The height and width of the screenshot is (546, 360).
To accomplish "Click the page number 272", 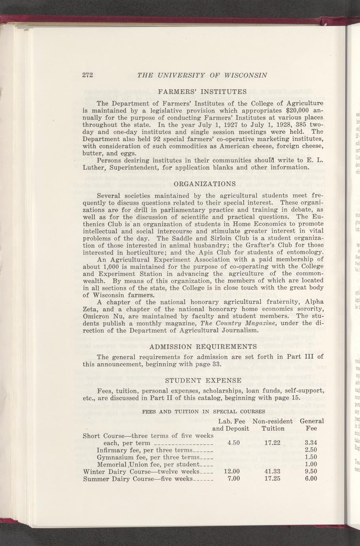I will tap(87, 75).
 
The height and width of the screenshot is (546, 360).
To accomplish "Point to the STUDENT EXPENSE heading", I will tap(203, 380).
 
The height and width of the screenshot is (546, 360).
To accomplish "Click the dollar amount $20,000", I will tap(292, 109).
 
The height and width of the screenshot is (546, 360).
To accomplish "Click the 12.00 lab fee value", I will tap(231, 471).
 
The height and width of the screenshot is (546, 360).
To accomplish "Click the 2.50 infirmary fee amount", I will tap(311, 450).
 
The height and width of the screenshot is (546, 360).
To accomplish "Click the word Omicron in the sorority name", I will tap(96, 316).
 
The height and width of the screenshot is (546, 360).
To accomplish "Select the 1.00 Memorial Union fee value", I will tap(311, 464).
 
